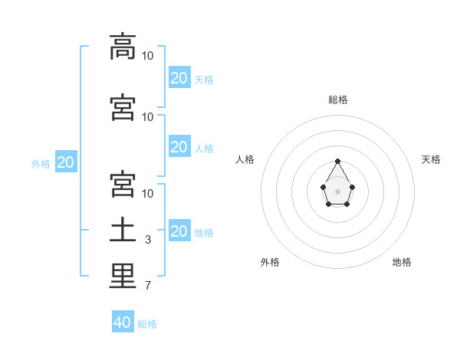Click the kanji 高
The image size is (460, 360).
(x=123, y=47)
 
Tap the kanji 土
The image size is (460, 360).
(x=123, y=230)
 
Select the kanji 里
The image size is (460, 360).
(x=123, y=276)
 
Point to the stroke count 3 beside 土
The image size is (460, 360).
(x=148, y=240)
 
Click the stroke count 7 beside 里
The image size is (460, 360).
(x=148, y=286)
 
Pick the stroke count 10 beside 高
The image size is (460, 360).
(x=147, y=56)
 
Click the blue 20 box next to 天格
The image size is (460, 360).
(x=179, y=77)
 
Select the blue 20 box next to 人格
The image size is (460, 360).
(x=179, y=146)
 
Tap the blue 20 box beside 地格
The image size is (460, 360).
(x=179, y=230)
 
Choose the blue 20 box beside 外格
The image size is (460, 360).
(x=66, y=162)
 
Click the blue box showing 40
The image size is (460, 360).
(x=123, y=321)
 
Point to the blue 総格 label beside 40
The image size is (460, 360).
(x=147, y=324)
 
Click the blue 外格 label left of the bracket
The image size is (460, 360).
(x=41, y=164)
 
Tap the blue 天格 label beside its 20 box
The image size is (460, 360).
(x=204, y=80)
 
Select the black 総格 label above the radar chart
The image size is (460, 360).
(x=338, y=100)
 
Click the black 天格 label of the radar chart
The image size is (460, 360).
(x=431, y=159)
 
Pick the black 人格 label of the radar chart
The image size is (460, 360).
(x=245, y=159)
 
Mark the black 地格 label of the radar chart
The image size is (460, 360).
(x=402, y=262)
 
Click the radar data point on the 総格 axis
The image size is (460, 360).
(x=337, y=162)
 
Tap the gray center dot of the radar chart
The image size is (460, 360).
(x=337, y=191)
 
